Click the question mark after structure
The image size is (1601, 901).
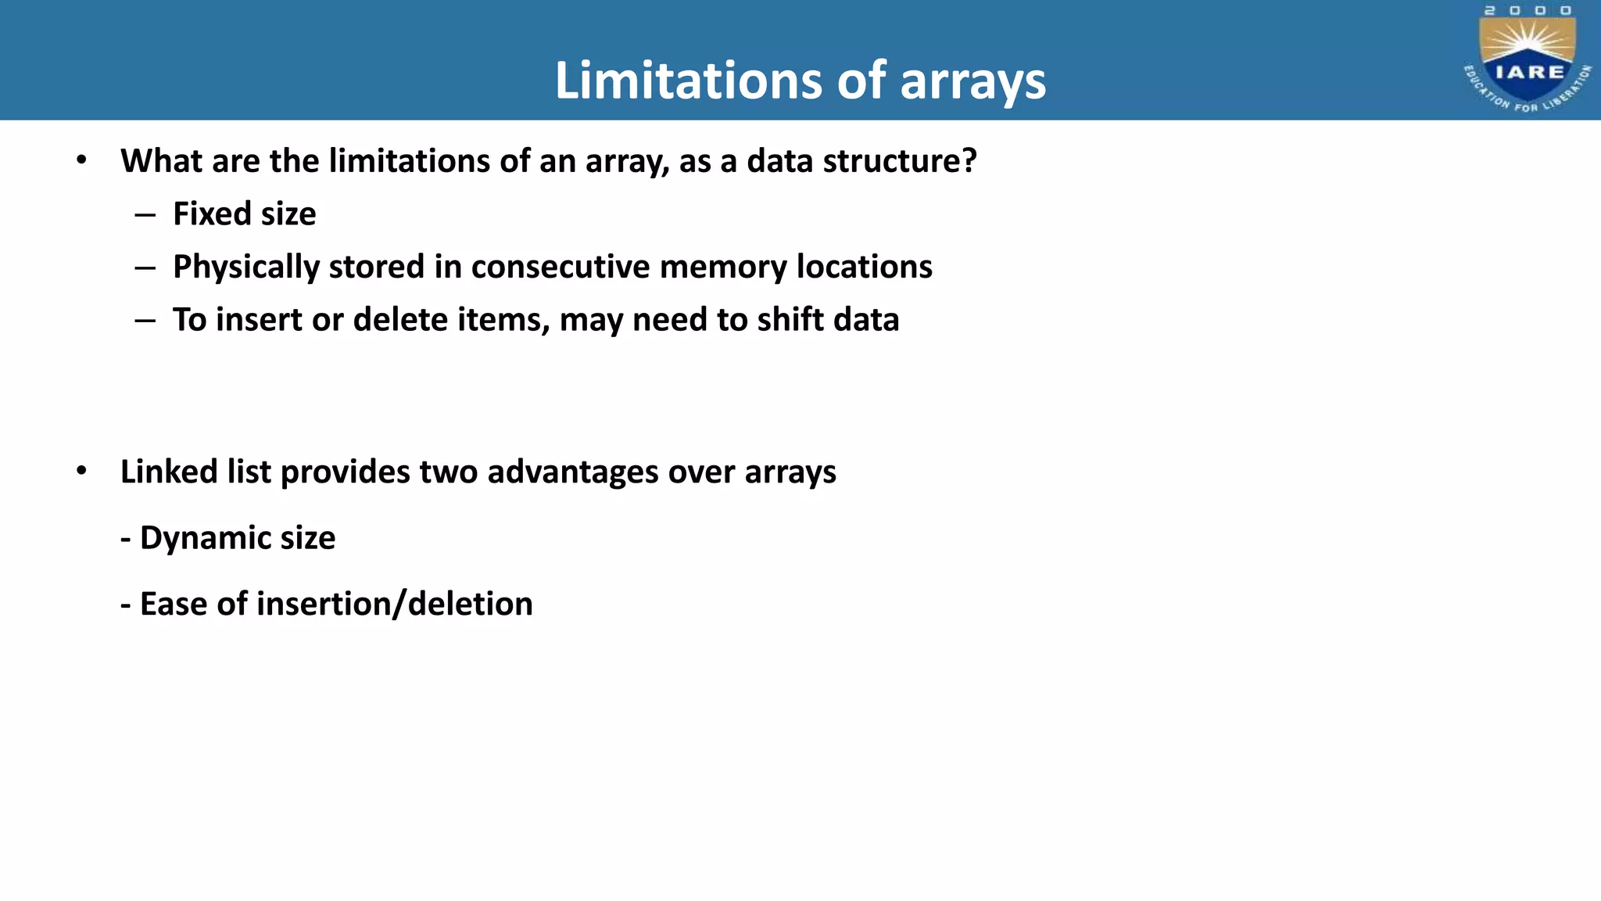pyautogui.click(x=970, y=161)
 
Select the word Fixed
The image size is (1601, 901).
pyautogui.click(x=205, y=214)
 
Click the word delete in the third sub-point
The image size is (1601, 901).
pyautogui.click(x=401, y=320)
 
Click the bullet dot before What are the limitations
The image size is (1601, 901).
pyautogui.click(x=81, y=160)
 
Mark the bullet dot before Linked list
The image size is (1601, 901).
pyautogui.click(x=81, y=472)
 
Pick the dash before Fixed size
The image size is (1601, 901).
pyautogui.click(x=145, y=214)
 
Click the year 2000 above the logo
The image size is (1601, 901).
pyautogui.click(x=1528, y=11)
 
